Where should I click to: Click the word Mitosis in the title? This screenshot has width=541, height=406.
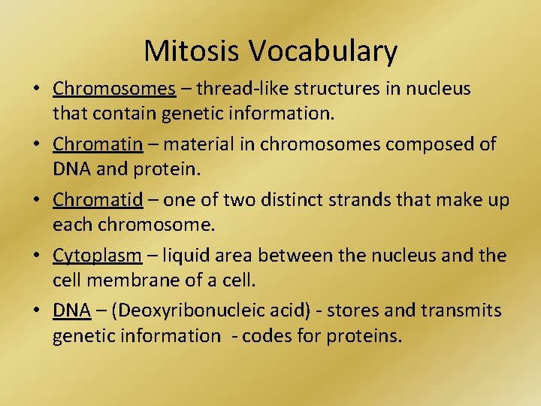click(x=193, y=51)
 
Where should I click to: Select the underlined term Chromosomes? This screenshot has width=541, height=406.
click(x=113, y=89)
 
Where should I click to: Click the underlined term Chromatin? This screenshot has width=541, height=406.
click(x=102, y=144)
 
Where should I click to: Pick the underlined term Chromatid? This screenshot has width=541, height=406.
click(x=102, y=200)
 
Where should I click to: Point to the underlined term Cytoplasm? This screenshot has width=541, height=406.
click(x=97, y=256)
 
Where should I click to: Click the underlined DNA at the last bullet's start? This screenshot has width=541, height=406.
click(x=71, y=311)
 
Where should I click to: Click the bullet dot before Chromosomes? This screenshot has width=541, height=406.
click(x=37, y=89)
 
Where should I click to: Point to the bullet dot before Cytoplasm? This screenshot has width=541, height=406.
click(x=37, y=256)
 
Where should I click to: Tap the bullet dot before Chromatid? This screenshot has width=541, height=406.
click(x=37, y=201)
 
